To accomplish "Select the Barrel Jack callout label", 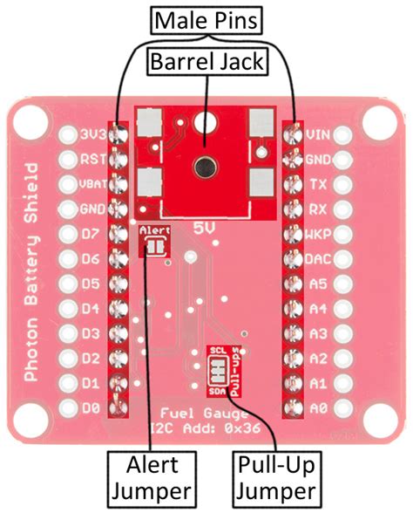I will [206, 62].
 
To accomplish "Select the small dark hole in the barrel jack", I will [207, 162].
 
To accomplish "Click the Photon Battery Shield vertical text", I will [32, 270].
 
